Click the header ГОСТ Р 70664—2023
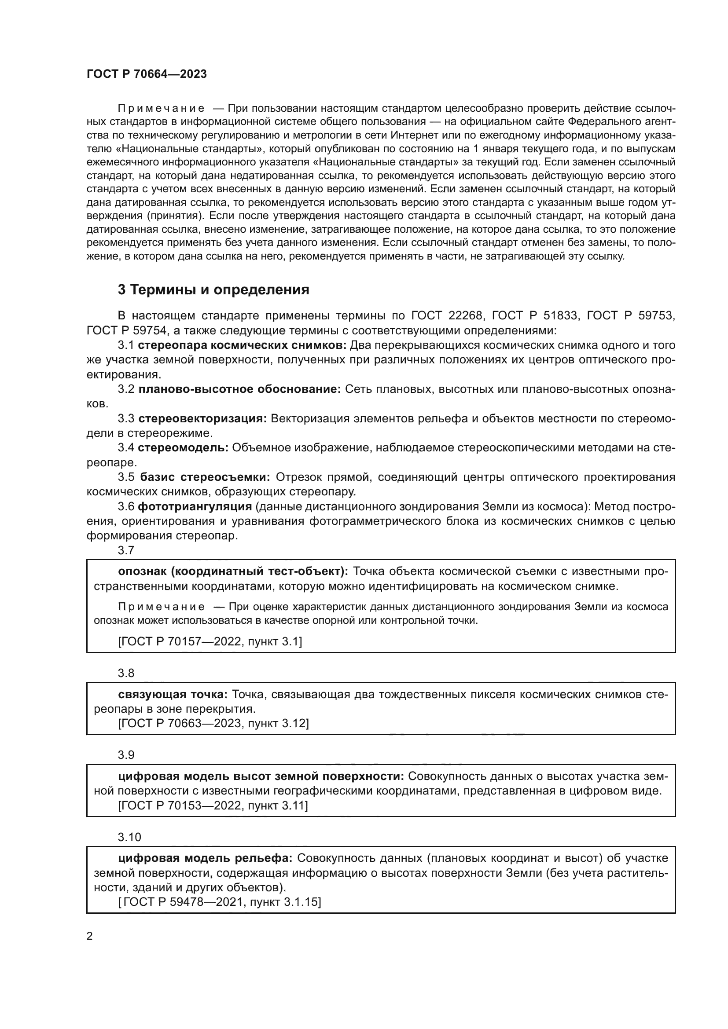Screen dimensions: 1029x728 coord(147,74)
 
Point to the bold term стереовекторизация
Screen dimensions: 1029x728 coord(202,418)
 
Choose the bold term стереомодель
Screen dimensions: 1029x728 coord(184,448)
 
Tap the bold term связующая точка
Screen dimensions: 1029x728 coord(173,694)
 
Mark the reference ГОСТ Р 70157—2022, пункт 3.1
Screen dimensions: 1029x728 coord(210,642)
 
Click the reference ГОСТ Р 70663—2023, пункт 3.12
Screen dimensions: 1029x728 coord(213,723)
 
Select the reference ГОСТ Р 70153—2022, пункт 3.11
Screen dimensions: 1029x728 coord(213,806)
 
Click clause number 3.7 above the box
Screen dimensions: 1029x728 coord(126,550)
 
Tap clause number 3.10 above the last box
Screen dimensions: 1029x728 coord(129,837)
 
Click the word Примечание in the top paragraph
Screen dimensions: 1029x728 coord(161,109)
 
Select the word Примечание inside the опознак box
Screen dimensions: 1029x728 coord(161,607)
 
